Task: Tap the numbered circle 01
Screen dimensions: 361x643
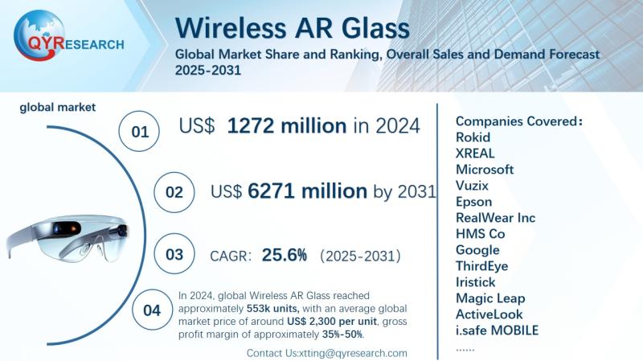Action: [x=140, y=131]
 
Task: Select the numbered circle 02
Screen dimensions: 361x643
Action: [x=174, y=193]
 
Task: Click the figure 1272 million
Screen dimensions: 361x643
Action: [x=286, y=125]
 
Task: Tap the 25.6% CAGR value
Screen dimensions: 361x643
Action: [x=285, y=256]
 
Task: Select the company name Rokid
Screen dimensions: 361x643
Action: [x=473, y=137]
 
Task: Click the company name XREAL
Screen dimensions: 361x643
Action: [x=475, y=153]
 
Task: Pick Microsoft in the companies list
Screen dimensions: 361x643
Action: [x=484, y=169]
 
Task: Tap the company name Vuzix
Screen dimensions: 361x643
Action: [x=473, y=185]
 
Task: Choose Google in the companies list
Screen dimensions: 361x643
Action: [x=477, y=249]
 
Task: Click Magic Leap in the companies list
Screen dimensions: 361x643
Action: [x=489, y=297]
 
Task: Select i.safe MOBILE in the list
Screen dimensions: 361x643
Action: [x=497, y=330]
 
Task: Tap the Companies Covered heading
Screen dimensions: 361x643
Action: [x=518, y=121]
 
